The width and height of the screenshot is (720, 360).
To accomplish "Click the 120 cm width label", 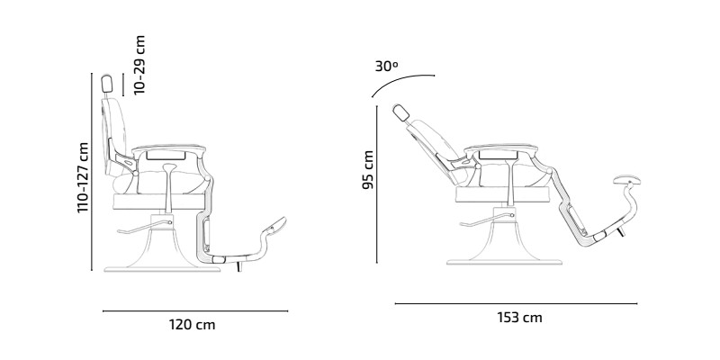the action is click(x=192, y=325).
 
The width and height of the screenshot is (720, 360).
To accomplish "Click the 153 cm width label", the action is click(x=519, y=318).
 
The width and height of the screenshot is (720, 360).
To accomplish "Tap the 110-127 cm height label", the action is click(x=83, y=177).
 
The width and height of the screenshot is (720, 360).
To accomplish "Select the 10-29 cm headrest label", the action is click(x=140, y=65).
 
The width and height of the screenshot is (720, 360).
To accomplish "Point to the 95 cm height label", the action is click(x=368, y=169).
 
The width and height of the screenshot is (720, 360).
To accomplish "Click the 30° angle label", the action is click(x=386, y=66).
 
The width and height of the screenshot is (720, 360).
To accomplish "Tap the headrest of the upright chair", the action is click(x=107, y=83).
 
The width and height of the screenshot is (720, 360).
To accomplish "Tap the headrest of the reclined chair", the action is click(x=401, y=113).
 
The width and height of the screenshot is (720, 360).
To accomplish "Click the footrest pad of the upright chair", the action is click(x=274, y=227).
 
